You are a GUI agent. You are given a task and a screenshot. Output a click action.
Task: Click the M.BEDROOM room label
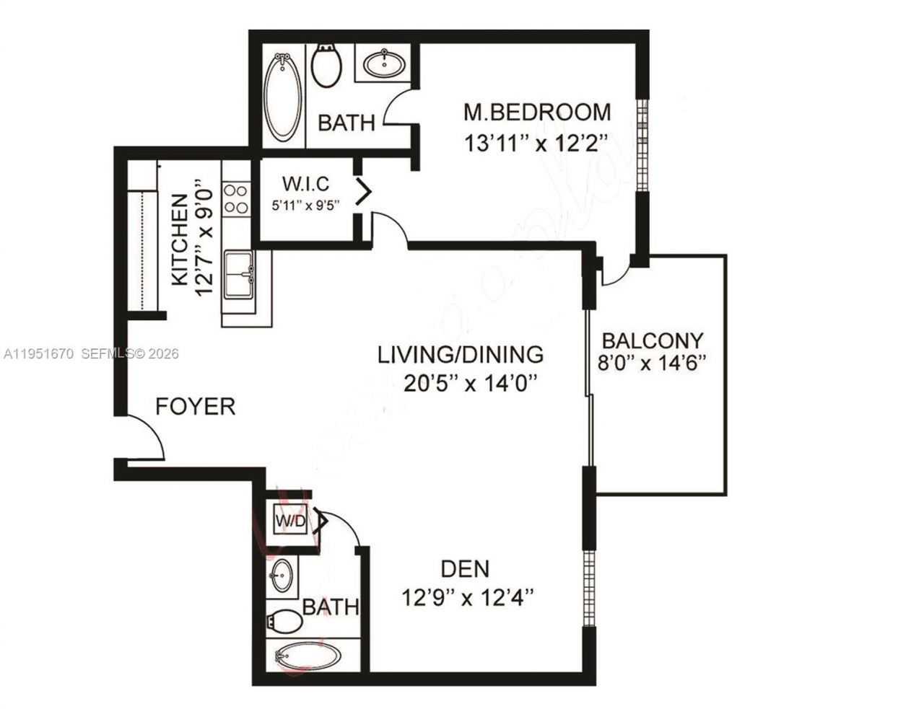pos(536,113)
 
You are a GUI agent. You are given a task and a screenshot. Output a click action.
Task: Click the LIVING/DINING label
pos(461,354)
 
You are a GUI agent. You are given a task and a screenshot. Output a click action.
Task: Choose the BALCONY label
pos(652,340)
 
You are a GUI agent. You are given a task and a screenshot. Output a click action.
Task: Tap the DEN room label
pos(465,568)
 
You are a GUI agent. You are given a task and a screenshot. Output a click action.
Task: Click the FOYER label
pos(196,406)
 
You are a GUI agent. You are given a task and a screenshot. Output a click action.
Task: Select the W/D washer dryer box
pos(287,519)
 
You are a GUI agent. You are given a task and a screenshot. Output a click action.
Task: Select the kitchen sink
pos(238,274)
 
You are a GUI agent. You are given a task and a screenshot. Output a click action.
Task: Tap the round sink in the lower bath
pos(282,575)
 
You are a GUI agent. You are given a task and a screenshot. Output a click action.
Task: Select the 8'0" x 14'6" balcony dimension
pos(652,363)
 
